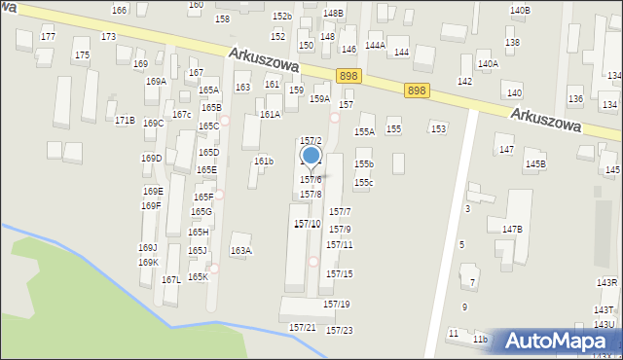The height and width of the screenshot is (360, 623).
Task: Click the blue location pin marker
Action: pos(311,156)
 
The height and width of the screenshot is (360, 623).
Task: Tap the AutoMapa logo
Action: pos(558,341)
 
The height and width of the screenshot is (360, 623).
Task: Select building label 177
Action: pos(48,36)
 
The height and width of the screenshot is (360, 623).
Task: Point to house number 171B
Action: pos(125,121)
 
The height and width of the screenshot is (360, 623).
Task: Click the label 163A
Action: pos(240,251)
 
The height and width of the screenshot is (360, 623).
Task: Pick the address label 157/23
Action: pos(339,331)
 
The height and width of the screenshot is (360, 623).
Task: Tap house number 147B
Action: pos(513,230)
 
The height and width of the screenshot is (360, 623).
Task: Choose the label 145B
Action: pos(535,164)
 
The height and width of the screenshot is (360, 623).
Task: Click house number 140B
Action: pos(520,11)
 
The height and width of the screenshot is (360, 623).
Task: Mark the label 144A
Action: pos(375,45)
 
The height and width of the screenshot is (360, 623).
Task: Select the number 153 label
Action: pos(439,129)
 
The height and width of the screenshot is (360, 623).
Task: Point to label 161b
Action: pos(265,161)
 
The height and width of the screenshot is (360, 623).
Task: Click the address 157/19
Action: pos(337,305)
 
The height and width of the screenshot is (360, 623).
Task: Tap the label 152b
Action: pos(282,17)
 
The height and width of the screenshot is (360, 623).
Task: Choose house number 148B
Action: pos(333,13)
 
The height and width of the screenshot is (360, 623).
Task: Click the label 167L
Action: pos(170,279)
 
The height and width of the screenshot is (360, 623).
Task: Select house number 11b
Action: pos(480,339)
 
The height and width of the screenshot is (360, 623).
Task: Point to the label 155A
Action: pos(364,131)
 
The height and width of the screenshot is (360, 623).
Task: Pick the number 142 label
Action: pos(464,82)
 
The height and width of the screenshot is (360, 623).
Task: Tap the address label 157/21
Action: pos(303,328)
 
